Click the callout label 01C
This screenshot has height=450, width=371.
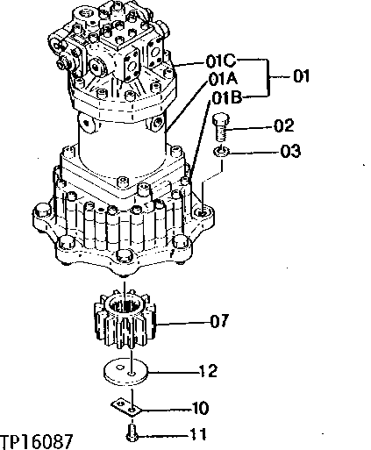tap(223, 62)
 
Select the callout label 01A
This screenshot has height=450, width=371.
tap(224, 78)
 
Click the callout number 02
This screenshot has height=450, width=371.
tap(283, 126)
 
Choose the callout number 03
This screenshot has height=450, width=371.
tap(290, 153)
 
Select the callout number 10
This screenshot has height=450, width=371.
tap(200, 408)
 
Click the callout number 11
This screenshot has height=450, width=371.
tap(200, 433)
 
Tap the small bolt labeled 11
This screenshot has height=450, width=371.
tap(131, 432)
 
